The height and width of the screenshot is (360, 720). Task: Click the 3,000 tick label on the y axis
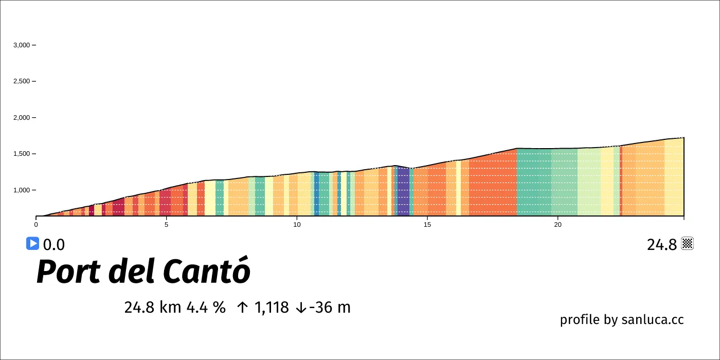22,45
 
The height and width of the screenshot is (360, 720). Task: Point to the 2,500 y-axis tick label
22,81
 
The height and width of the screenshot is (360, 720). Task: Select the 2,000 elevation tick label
22,118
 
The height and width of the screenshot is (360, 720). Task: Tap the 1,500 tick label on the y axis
22,154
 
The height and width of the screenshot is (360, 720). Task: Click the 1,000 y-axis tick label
22,190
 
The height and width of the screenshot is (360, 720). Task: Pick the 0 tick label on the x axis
36,224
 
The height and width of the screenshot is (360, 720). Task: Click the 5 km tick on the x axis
166,224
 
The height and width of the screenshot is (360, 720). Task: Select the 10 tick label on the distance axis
297,224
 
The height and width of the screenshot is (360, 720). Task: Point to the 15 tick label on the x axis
427,224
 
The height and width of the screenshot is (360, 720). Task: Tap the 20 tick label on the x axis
557,224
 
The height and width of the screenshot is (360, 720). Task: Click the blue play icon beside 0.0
32,244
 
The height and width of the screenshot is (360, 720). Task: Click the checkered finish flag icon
688,244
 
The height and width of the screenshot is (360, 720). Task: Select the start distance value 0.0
54,245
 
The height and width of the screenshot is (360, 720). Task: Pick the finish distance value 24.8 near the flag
662,245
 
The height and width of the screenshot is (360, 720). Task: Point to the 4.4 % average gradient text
206,308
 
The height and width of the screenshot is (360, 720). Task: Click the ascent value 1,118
271,308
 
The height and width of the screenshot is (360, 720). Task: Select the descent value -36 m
329,308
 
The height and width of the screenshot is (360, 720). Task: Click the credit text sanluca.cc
653,319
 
